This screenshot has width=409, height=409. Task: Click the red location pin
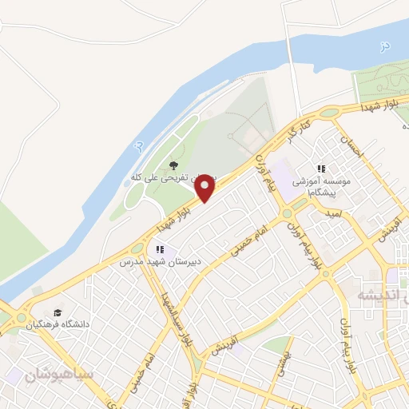(x=205, y=188)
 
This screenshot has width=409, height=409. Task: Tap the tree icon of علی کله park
(x=173, y=166)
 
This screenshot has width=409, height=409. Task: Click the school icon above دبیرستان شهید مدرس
(x=161, y=249)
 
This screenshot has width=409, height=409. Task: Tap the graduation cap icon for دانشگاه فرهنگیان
(x=58, y=312)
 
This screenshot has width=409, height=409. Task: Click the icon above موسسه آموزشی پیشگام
(x=321, y=169)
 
